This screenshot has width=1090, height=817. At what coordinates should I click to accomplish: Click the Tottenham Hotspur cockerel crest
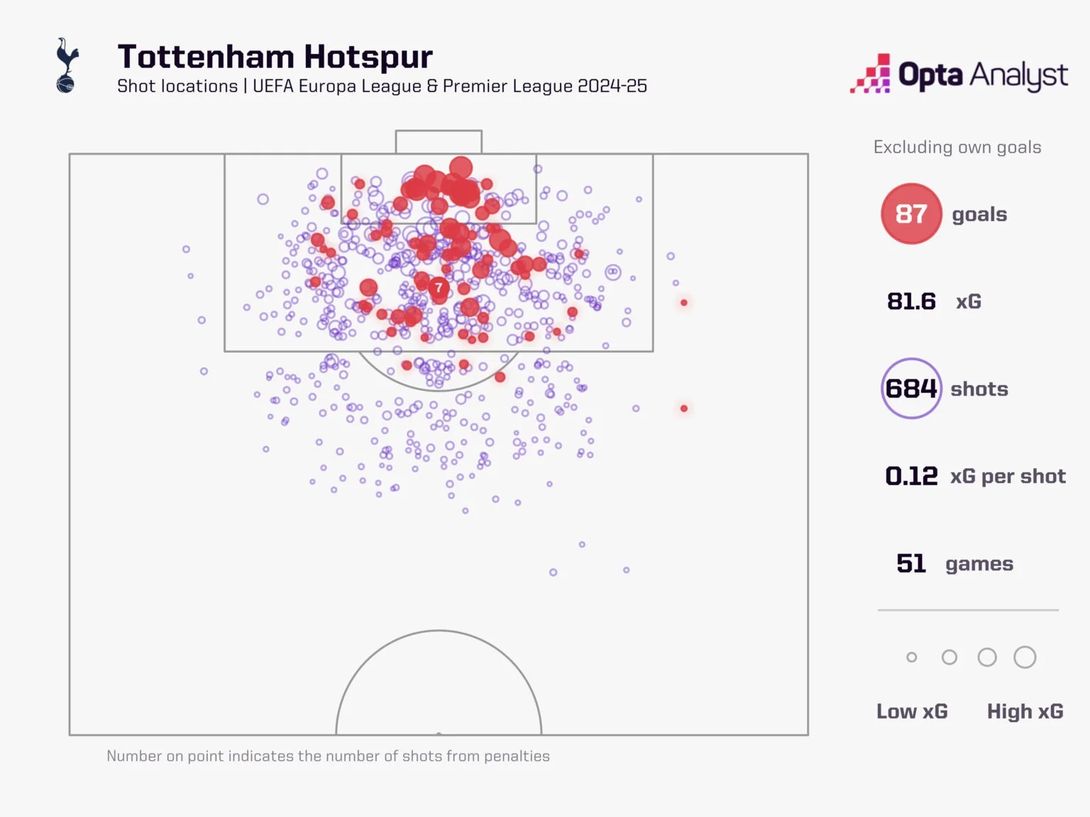[66, 65]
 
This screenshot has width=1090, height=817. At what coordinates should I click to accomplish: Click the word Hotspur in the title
[368, 57]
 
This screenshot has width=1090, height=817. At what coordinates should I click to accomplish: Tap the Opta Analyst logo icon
[871, 74]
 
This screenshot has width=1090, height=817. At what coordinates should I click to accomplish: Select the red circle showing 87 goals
[911, 213]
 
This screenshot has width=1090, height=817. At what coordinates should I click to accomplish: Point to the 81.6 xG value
[911, 301]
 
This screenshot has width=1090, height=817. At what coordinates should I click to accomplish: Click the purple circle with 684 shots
[911, 389]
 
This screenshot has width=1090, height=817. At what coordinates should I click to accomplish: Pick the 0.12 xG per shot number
[911, 476]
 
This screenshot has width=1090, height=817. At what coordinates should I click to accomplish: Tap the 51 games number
[911, 564]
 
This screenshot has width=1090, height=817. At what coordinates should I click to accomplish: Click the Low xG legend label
[912, 711]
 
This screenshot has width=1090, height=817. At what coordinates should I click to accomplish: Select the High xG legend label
[1025, 711]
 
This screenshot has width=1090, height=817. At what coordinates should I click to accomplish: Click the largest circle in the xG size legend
[1025, 657]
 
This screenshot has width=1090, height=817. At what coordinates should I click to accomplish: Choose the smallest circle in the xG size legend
[912, 657]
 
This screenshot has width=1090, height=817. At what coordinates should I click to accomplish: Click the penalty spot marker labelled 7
[439, 287]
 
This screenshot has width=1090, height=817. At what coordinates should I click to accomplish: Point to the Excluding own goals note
[957, 148]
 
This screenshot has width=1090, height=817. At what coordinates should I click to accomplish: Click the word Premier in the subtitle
[473, 87]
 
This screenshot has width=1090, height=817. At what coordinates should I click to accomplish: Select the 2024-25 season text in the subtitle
[612, 87]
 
